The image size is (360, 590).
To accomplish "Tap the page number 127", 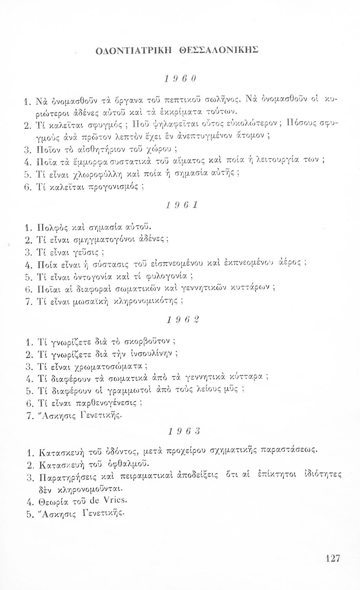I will tap(332, 558).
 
